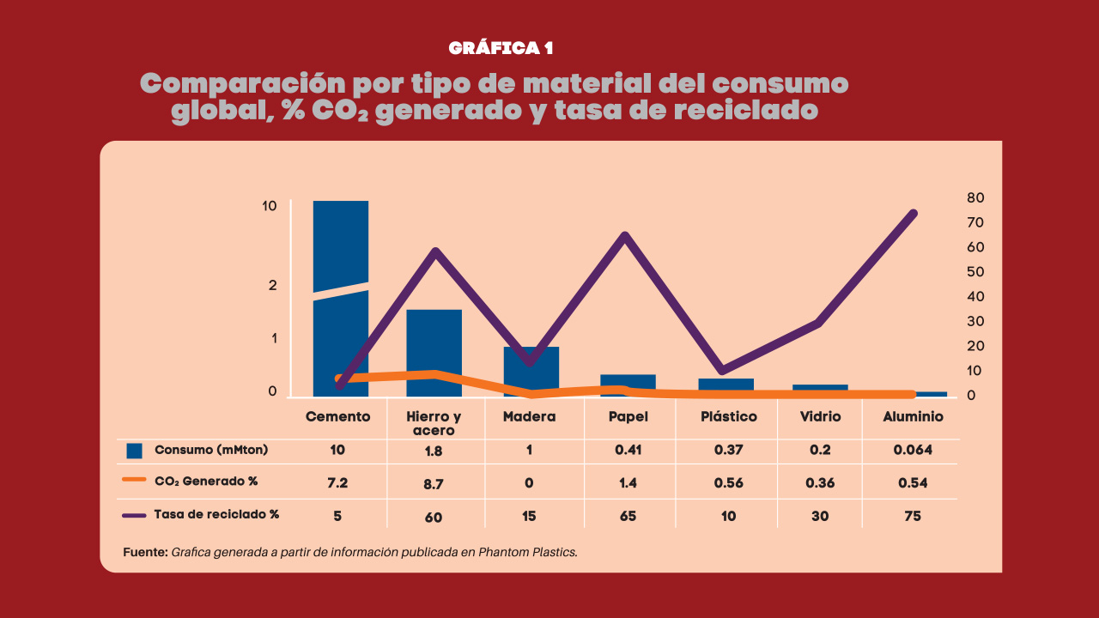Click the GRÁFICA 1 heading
pyautogui.click(x=501, y=48)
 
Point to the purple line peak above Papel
pyautogui.click(x=625, y=236)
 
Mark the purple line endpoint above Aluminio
pyautogui.click(x=914, y=214)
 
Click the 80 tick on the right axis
pyautogui.click(x=975, y=197)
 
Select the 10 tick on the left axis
pyautogui.click(x=270, y=206)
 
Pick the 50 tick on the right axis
pyautogui.click(x=975, y=272)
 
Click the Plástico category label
pyautogui.click(x=728, y=416)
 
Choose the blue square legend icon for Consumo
pyautogui.click(x=134, y=451)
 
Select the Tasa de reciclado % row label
pyautogui.click(x=216, y=515)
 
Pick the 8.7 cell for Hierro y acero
pyautogui.click(x=434, y=484)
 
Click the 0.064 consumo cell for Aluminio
pyautogui.click(x=913, y=450)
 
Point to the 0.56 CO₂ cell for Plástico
pyautogui.click(x=728, y=483)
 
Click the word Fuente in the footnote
pyautogui.click(x=145, y=552)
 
